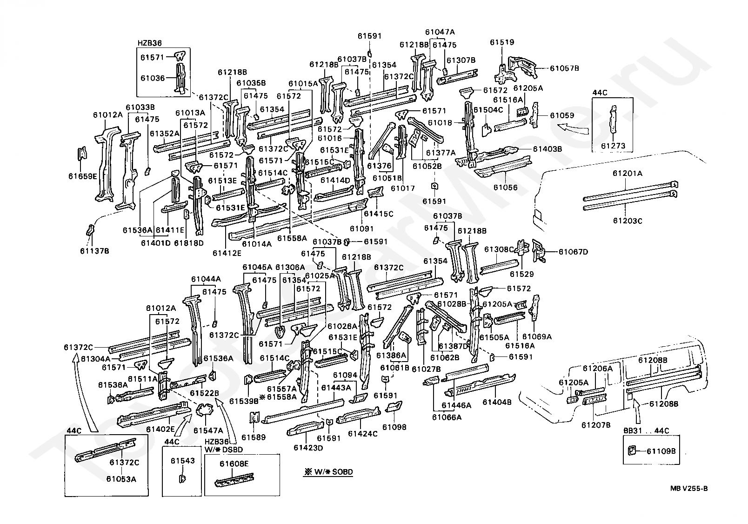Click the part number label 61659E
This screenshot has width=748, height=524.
[83, 176]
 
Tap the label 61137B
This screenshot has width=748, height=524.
[94, 251]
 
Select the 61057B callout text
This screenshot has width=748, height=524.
[564, 68]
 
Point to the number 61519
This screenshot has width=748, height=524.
[502, 42]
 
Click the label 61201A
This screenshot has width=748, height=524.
[628, 173]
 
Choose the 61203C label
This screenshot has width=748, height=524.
[628, 221]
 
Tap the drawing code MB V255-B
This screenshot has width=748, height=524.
[688, 488]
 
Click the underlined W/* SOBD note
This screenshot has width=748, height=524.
[328, 472]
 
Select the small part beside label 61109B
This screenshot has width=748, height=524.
[631, 451]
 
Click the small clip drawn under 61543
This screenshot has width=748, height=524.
[182, 478]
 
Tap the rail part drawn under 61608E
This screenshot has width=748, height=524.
[234, 480]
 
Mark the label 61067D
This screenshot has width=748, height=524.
[574, 252]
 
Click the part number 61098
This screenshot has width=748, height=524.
[394, 427]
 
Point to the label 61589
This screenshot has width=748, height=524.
[254, 437]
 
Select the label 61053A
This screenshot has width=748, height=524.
[121, 479]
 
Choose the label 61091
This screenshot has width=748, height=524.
[361, 228]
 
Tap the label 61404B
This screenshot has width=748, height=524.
[497, 403]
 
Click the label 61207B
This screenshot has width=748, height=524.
[596, 425]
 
